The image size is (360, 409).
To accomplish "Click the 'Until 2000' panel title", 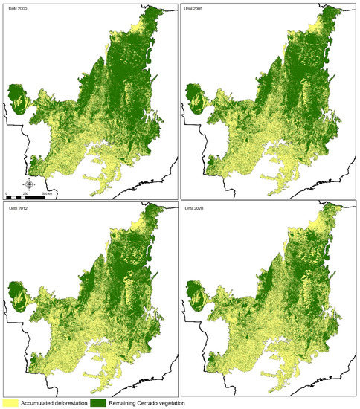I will point(14,7).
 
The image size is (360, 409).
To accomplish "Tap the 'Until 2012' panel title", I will point(14,209).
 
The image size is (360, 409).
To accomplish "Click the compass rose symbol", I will point(28,184).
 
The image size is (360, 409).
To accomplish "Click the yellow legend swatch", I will point(10,402).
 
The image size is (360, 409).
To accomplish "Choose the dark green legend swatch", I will point(105,402).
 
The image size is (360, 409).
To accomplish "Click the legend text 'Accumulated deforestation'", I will point(57,402).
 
